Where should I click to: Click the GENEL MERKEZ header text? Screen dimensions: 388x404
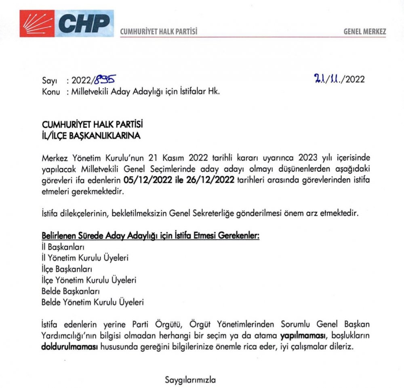click(364, 31)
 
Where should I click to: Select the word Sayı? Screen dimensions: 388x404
click(49, 81)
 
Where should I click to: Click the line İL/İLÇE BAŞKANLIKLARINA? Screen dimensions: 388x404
click(91, 136)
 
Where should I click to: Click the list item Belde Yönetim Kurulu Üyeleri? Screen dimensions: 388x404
click(93, 301)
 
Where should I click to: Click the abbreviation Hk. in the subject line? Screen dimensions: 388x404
click(213, 92)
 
